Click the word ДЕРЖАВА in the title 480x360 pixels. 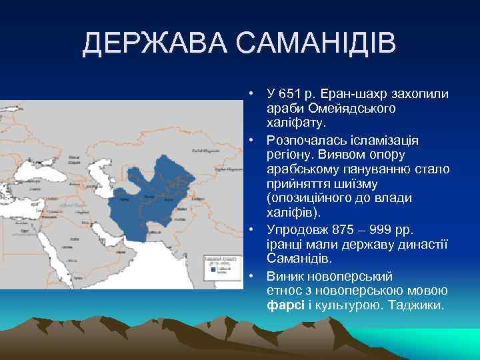point(155,45)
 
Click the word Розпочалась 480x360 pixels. point(303,140)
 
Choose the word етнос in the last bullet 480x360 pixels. point(283,290)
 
